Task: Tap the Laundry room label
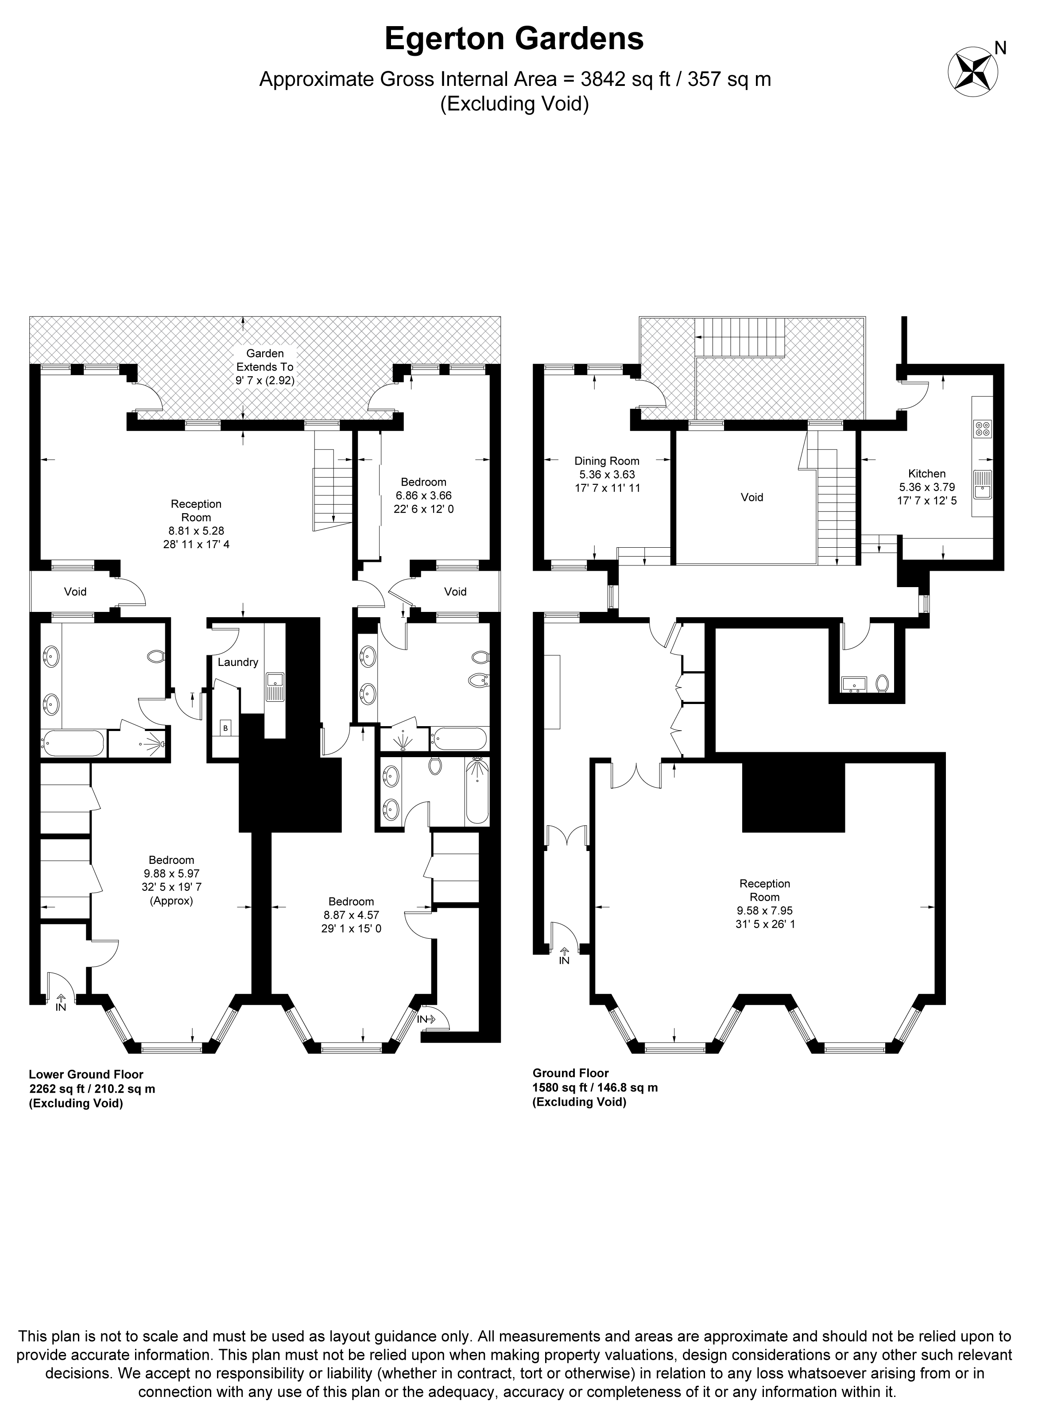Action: (238, 662)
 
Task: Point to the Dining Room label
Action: (607, 461)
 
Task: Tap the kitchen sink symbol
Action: (983, 484)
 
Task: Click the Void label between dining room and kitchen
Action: (752, 498)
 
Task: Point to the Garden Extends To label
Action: (265, 360)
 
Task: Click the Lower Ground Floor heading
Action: (86, 1075)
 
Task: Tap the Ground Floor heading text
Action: (571, 1073)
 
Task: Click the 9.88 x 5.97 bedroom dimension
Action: (171, 874)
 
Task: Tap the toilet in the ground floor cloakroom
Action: (883, 683)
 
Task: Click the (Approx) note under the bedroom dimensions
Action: (171, 901)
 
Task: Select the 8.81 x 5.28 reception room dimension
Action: (196, 531)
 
